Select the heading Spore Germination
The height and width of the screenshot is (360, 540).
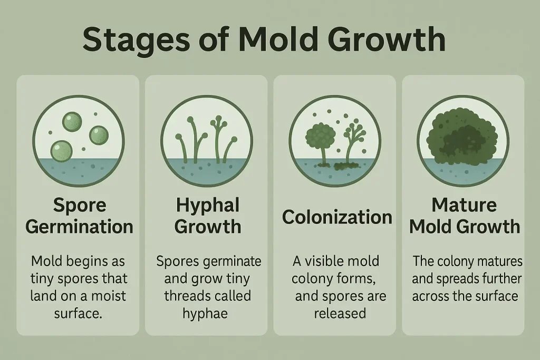79,216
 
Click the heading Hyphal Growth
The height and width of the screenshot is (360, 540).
207,216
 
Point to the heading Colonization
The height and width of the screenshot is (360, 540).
336,217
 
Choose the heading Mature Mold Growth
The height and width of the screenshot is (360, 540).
465,216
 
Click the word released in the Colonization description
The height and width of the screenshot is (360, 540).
340,313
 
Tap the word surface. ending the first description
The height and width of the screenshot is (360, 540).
78,313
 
